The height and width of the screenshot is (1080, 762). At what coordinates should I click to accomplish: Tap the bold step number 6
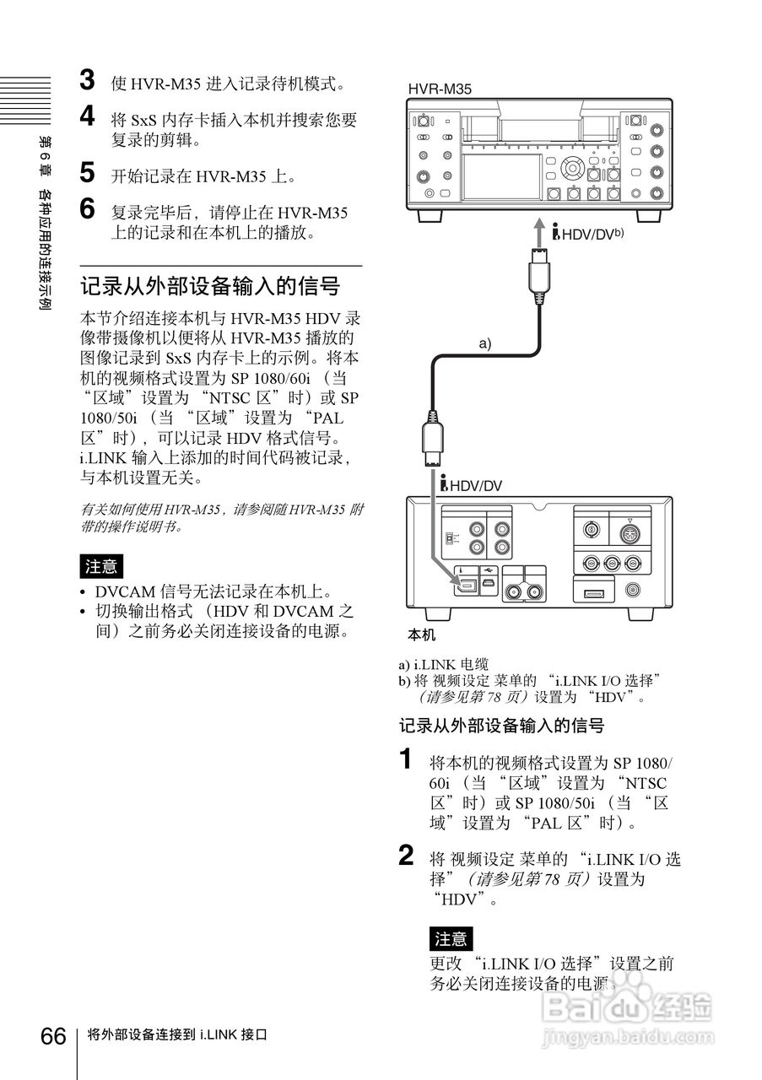(x=87, y=208)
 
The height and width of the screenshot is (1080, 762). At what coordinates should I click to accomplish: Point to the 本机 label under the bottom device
(x=421, y=634)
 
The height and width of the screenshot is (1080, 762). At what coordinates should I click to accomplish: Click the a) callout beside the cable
(x=484, y=343)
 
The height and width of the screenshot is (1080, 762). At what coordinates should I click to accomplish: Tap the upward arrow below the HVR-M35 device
(x=538, y=229)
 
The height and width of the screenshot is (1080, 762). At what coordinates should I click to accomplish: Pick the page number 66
(x=53, y=1035)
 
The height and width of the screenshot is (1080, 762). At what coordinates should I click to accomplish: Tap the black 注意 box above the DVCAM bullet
(x=100, y=565)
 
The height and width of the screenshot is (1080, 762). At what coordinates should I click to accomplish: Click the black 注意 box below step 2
(x=451, y=938)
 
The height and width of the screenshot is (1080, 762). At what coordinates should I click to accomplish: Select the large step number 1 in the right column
(x=407, y=759)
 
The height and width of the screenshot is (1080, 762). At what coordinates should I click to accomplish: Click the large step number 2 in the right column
(x=407, y=856)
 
